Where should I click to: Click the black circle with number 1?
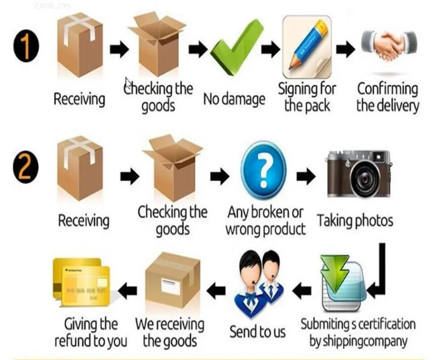point(26,48)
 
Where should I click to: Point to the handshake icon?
point(389,46)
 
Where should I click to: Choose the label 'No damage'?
point(234,100)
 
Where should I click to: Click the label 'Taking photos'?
point(355,221)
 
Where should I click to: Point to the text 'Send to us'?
point(257,332)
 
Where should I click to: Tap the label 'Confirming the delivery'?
point(387,97)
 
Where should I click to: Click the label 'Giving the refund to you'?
point(91,332)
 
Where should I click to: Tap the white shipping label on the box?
point(170,286)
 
